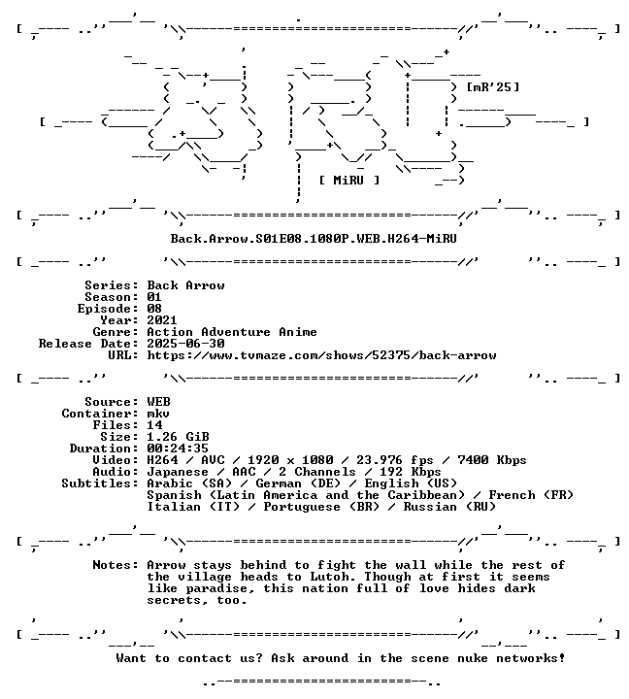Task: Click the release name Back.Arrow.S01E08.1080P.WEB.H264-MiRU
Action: tap(314, 239)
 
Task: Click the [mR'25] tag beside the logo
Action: tap(492, 86)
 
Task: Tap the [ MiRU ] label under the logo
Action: tap(349, 181)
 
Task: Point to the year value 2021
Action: tap(162, 320)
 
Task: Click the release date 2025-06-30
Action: tap(186, 344)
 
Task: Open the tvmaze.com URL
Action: tap(321, 355)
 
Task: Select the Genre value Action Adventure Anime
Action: tap(232, 332)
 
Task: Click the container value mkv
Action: tap(158, 414)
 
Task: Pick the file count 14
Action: tap(154, 425)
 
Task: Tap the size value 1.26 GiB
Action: tap(178, 437)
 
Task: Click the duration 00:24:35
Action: tap(178, 449)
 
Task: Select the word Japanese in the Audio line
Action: tap(178, 472)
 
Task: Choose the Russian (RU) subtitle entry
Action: tap(449, 507)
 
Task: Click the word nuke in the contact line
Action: tap(473, 658)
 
